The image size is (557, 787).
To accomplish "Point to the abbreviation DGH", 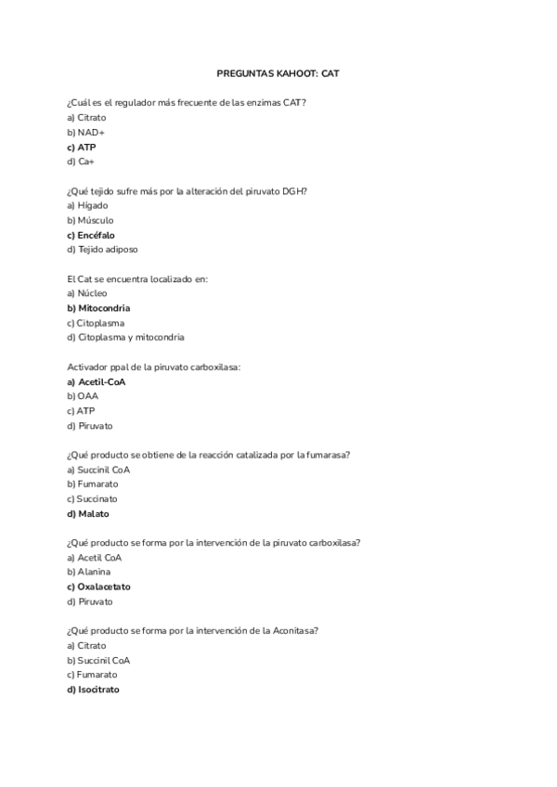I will (294, 190).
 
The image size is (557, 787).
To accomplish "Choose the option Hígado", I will (91, 205).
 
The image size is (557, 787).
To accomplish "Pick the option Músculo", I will (95, 220).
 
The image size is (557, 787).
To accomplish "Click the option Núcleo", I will (92, 292).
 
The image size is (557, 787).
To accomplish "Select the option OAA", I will (87, 395).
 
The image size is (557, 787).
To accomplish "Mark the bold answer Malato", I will (93, 513).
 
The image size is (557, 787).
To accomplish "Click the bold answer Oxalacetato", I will (103, 587).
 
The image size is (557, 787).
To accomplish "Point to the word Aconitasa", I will (294, 630).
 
